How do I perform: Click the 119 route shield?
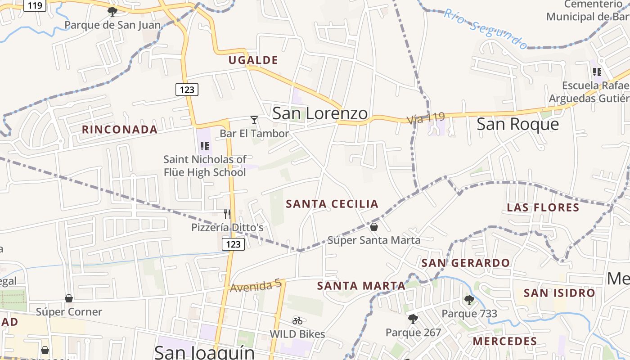click(x=35, y=5)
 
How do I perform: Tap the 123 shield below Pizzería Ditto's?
click(x=233, y=244)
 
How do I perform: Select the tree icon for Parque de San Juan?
click(x=112, y=11)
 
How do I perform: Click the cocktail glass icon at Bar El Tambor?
click(x=254, y=120)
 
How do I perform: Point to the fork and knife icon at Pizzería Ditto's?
click(x=227, y=214)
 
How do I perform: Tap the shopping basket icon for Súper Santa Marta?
click(x=374, y=226)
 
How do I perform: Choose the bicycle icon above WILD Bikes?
click(x=297, y=321)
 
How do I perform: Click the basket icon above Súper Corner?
click(x=69, y=298)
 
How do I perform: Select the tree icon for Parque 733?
click(x=469, y=300)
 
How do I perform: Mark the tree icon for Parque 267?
click(x=413, y=319)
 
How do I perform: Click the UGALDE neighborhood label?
click(x=253, y=60)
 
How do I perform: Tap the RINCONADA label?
click(x=120, y=130)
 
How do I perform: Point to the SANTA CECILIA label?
click(x=332, y=204)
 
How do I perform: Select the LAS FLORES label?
click(x=543, y=207)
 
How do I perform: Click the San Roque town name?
click(x=517, y=124)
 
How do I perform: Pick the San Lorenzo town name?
click(x=320, y=113)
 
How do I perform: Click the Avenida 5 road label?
click(x=256, y=286)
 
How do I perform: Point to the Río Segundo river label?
click(x=485, y=28)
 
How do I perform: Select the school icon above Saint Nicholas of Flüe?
click(x=205, y=146)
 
